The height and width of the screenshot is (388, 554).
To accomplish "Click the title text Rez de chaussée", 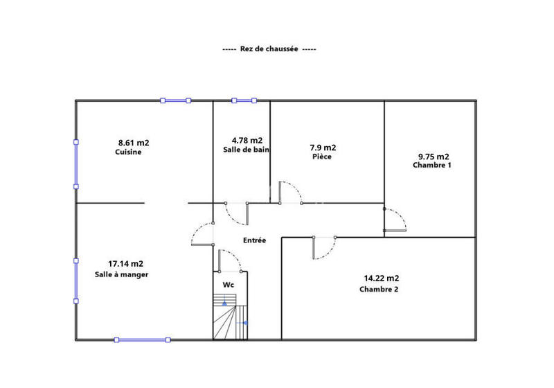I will [269, 49].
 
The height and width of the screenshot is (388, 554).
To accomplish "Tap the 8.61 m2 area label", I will [134, 143].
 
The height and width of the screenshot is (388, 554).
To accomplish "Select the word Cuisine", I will [128, 152].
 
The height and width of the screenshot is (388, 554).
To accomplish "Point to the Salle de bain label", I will [246, 150].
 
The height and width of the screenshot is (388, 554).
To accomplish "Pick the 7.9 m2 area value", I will [322, 148].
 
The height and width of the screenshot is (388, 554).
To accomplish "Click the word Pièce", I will [322, 157].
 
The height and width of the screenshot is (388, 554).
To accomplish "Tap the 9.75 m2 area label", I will [434, 156].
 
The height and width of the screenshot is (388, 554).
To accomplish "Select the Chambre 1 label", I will [431, 166].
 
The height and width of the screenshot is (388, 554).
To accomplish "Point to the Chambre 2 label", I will [379, 290].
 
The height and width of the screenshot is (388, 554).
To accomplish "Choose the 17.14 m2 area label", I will [125, 263].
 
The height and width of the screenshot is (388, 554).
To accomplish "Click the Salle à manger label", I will [122, 274].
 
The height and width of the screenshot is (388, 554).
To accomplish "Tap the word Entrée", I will [254, 240].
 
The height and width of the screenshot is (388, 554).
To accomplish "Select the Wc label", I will [228, 284].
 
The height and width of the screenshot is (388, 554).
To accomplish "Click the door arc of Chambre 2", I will [325, 248].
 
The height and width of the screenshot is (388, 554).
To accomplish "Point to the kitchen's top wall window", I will [176, 101].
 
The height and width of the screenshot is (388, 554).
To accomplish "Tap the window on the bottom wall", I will [143, 339].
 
